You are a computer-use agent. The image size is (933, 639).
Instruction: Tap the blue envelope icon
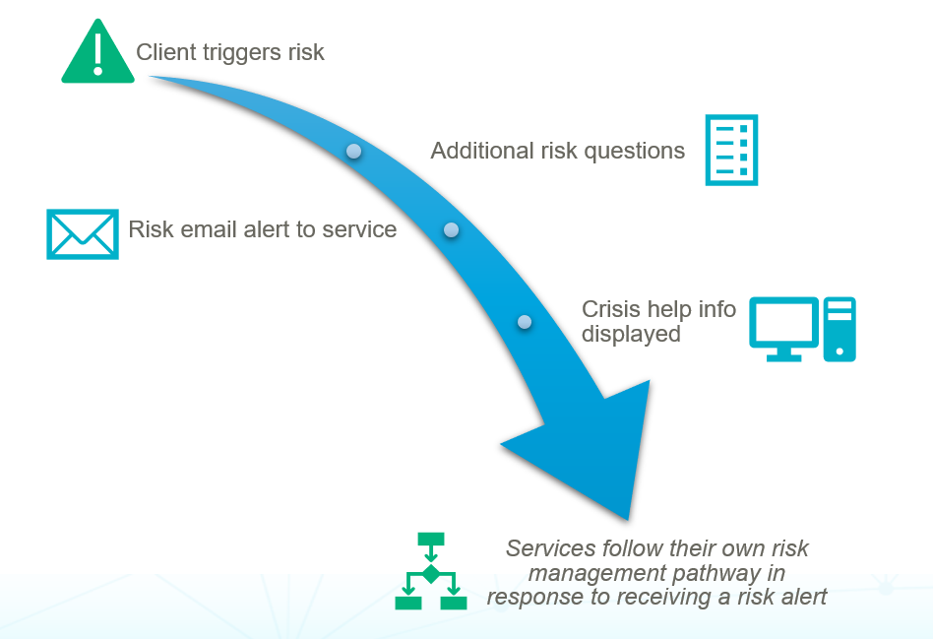coord(83,234)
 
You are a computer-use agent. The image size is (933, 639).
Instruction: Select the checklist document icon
coord(731,150)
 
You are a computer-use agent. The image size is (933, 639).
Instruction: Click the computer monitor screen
coord(784,321)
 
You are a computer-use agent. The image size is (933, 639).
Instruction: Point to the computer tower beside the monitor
coord(840,329)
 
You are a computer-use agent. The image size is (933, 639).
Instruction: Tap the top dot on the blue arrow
coord(353,152)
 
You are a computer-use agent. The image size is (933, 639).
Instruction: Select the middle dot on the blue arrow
coord(451,230)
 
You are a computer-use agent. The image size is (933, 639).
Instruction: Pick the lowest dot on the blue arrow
coord(525,322)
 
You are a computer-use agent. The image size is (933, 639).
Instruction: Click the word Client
coord(164,52)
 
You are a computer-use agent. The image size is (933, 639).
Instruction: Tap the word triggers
coord(237,53)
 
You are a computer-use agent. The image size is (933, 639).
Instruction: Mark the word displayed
coord(631,334)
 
